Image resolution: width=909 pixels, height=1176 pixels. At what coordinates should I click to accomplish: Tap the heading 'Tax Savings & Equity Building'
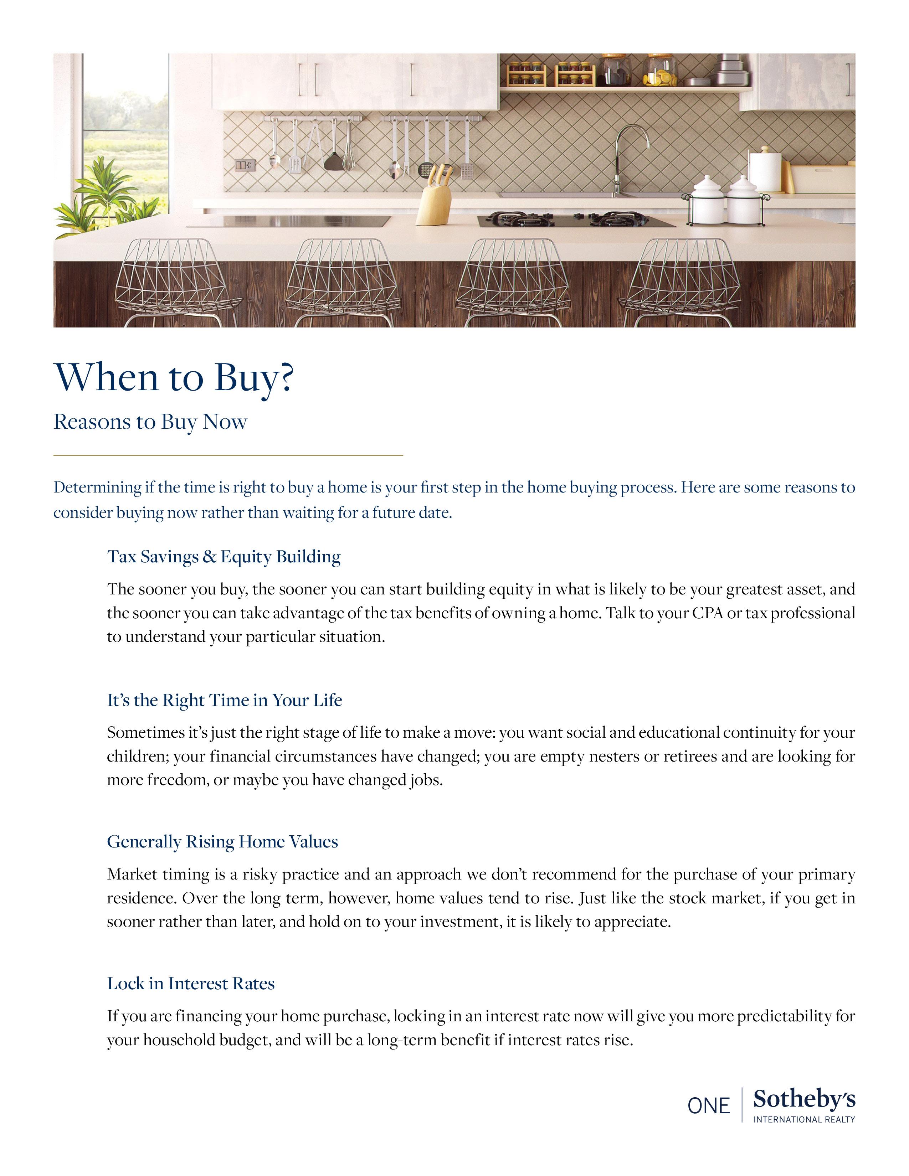click(x=224, y=556)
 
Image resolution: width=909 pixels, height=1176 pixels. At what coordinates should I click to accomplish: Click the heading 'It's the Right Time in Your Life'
click(x=225, y=700)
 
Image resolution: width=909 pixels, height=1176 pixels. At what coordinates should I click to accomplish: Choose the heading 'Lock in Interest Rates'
click(x=191, y=983)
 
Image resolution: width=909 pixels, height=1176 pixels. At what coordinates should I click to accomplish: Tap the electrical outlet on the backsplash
click(x=244, y=165)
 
